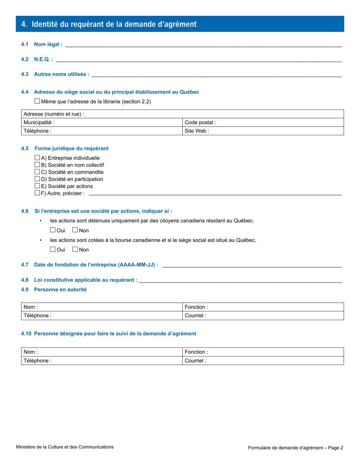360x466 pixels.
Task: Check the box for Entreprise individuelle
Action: click(37, 158)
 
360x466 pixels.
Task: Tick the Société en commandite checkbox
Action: click(37, 172)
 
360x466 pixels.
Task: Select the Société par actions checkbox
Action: click(37, 186)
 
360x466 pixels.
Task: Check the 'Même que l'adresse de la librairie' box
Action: click(37, 101)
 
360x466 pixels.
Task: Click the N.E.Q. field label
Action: click(43, 59)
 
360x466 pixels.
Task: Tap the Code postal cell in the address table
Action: click(263, 122)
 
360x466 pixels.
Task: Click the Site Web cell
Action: click(263, 131)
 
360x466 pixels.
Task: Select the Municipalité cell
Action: click(102, 122)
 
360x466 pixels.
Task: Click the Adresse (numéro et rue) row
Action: click(182, 114)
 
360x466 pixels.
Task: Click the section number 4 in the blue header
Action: click(24, 24)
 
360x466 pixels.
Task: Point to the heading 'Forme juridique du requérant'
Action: click(71, 149)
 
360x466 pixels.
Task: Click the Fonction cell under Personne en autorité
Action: click(263, 307)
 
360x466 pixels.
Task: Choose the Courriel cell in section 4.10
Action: click(263, 361)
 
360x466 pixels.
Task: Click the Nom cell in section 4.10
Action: click(102, 352)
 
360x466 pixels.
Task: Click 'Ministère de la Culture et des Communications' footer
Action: click(64, 447)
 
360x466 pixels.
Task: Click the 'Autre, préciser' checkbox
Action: click(37, 193)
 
